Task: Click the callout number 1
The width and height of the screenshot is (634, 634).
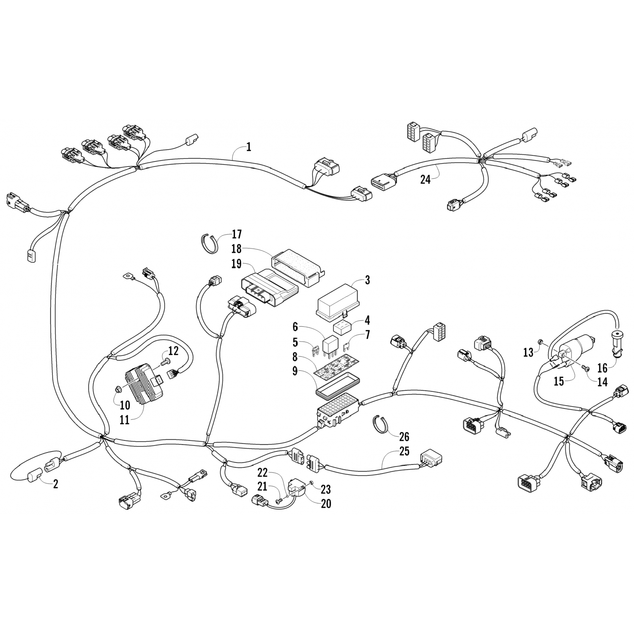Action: click(x=249, y=147)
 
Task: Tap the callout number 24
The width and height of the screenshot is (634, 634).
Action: click(x=425, y=179)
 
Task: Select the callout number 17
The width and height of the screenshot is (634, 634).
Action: click(x=237, y=234)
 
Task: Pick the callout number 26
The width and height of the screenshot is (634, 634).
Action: click(x=404, y=436)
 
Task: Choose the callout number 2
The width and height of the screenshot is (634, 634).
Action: click(x=55, y=484)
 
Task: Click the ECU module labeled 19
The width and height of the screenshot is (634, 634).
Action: click(x=268, y=286)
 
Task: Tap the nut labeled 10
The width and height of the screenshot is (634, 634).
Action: click(x=119, y=388)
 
